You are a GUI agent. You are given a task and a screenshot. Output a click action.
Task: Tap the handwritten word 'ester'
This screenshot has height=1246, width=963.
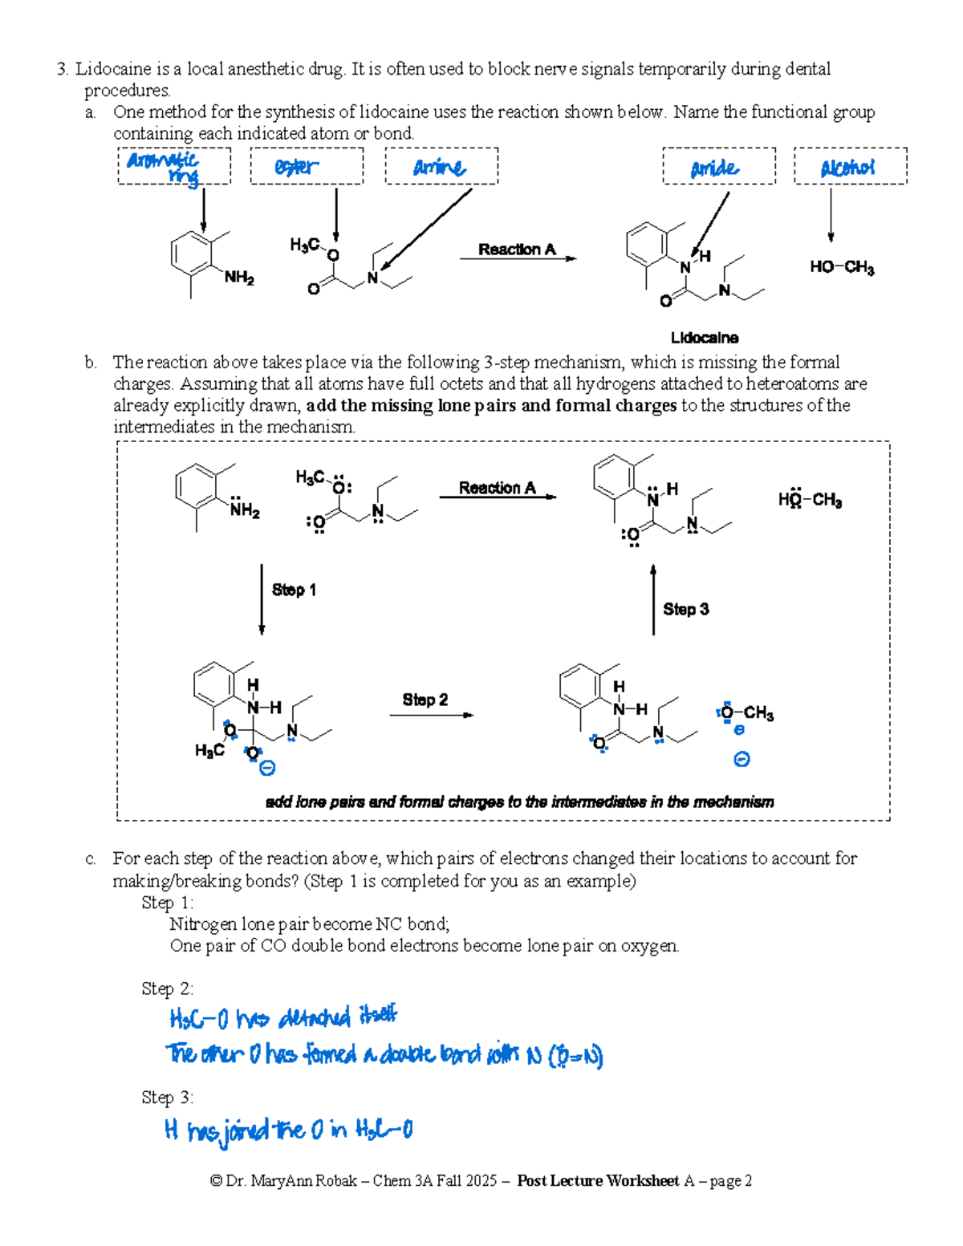(x=296, y=167)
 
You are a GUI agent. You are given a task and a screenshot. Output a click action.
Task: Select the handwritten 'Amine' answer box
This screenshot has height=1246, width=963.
(x=439, y=167)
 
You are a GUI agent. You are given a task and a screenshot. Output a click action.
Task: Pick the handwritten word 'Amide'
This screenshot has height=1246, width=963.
(x=714, y=168)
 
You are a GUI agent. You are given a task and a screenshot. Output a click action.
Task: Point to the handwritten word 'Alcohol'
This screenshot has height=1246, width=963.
(x=847, y=168)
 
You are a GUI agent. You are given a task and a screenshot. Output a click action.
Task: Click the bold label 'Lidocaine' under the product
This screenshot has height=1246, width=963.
(x=705, y=338)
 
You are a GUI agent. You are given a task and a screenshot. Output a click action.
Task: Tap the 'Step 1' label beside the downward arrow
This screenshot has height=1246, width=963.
(x=294, y=590)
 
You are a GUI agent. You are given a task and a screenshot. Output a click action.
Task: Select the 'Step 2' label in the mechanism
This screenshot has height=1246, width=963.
(x=425, y=700)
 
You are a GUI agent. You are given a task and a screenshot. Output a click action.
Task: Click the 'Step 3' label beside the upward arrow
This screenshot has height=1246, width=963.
(x=686, y=609)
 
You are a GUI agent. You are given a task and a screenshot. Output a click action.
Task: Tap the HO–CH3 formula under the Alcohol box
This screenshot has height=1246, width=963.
(x=842, y=267)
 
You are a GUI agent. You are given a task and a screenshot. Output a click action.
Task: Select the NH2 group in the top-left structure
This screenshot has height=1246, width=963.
(x=239, y=278)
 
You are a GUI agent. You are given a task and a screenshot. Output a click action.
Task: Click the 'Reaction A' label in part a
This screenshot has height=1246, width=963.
(x=517, y=250)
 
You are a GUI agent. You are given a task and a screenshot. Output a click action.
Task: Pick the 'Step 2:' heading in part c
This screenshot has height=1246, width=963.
(x=167, y=988)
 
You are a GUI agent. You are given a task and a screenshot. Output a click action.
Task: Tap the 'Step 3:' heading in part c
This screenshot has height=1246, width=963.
(x=167, y=1097)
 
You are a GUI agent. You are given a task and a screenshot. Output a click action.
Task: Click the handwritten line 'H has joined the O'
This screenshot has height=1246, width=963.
(x=288, y=1130)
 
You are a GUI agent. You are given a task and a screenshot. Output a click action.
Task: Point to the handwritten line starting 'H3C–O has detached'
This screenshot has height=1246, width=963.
(x=282, y=1018)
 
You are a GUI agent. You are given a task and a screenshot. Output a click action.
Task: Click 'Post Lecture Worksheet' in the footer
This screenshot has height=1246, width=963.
(x=598, y=1180)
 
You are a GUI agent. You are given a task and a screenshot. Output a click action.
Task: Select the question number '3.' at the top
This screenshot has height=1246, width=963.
(x=62, y=69)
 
